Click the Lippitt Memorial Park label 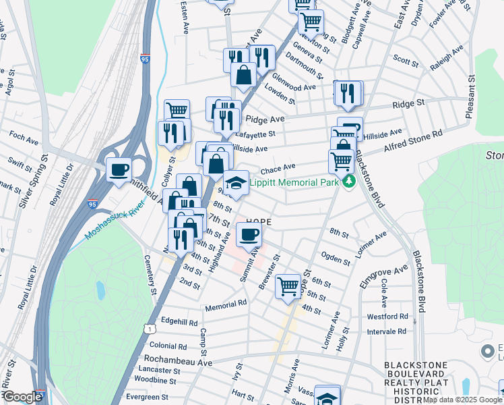293,182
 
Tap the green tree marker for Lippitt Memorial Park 348,182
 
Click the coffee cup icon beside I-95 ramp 119,169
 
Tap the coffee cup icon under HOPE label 249,235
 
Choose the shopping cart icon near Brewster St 288,286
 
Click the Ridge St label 409,105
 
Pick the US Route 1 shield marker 150,327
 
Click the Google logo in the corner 22,397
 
